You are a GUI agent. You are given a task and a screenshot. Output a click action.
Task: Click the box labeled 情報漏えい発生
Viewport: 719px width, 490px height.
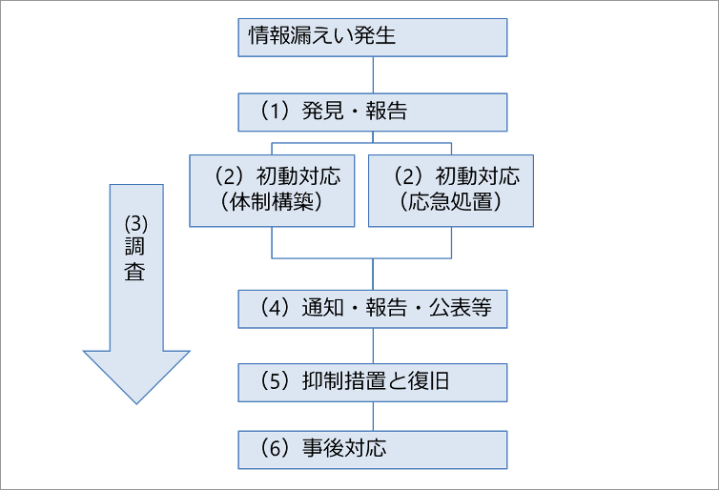click(x=372, y=37)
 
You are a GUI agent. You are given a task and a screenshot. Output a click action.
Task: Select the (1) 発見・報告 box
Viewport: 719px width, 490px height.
click(x=372, y=112)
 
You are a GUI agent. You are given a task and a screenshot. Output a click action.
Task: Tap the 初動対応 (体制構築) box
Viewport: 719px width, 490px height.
click(x=272, y=191)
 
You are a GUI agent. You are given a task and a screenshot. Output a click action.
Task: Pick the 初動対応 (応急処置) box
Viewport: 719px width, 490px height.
click(x=451, y=191)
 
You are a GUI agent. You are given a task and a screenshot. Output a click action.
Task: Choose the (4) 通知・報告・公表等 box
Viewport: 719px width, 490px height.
click(x=372, y=309)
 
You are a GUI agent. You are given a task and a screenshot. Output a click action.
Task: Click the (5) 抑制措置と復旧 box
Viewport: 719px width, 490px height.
click(x=372, y=382)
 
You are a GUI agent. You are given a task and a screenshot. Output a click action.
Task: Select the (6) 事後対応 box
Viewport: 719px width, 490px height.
click(x=372, y=450)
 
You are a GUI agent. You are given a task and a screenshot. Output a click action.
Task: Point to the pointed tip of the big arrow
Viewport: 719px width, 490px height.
click(x=136, y=404)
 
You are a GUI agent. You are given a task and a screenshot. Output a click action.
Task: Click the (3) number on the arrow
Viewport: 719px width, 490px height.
click(x=136, y=224)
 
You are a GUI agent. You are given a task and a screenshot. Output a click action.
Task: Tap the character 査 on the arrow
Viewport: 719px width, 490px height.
click(x=135, y=272)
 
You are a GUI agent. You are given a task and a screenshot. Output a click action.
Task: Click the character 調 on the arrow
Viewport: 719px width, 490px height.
click(x=135, y=247)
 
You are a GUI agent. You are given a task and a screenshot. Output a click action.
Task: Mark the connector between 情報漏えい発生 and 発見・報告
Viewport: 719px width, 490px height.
click(x=373, y=75)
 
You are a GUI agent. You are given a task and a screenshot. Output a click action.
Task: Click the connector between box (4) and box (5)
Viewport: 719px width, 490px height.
click(x=373, y=346)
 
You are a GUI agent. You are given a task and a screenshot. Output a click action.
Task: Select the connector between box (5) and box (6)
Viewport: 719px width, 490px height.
click(x=373, y=417)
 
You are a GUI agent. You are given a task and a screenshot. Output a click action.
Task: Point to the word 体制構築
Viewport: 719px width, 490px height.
click(x=272, y=202)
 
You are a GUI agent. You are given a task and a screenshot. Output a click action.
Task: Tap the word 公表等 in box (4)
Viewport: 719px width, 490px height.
click(x=461, y=308)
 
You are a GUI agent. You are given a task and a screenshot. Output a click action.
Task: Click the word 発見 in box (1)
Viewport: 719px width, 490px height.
click(x=322, y=111)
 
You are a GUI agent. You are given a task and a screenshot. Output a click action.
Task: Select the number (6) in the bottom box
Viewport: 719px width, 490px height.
click(x=275, y=448)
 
